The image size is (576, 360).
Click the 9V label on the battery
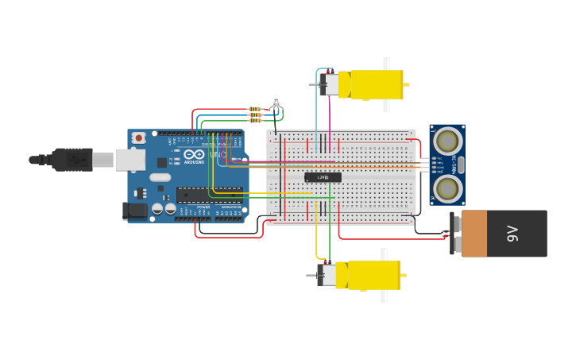click(513, 234)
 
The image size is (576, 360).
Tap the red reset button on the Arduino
click(139, 138)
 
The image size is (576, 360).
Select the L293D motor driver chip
click(323, 177)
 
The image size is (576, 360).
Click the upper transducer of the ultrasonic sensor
click(447, 141)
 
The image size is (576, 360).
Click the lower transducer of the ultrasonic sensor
click(447, 188)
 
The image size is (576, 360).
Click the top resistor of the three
click(255, 109)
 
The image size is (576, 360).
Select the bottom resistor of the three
click(255, 121)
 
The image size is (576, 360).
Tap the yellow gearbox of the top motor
click(376, 85)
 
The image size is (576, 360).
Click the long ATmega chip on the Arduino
click(209, 194)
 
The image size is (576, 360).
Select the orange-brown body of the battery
click(474, 234)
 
